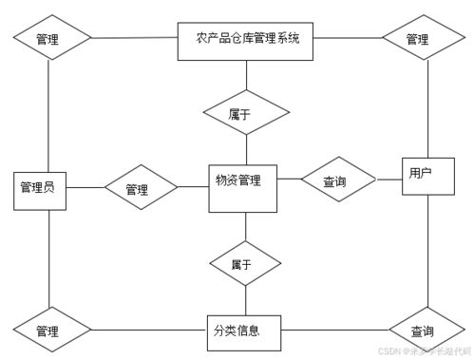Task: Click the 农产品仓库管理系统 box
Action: pos(246,40)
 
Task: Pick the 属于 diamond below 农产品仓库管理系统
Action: pos(246,113)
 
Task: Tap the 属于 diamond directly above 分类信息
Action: pos(245,264)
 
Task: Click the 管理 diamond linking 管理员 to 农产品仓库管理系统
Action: pos(51,40)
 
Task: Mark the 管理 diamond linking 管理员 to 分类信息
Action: pos(51,332)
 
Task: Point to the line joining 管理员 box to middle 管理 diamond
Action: pos(84,188)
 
